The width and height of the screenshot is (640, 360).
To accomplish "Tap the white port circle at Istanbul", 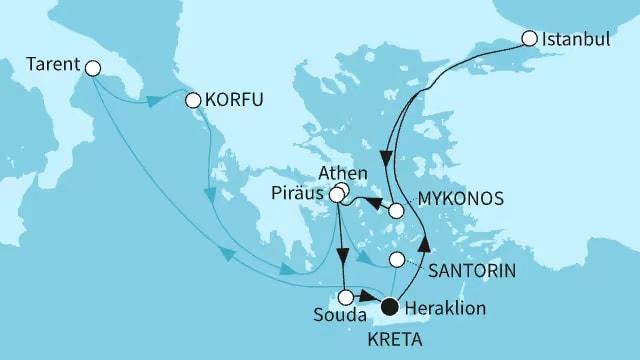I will pyautogui.click(x=530, y=41).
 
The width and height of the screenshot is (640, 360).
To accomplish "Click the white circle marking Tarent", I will pyautogui.click(x=94, y=68).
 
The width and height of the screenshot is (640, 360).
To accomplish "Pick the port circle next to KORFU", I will pyautogui.click(x=194, y=99).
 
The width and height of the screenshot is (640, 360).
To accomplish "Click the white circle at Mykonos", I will pyautogui.click(x=397, y=212).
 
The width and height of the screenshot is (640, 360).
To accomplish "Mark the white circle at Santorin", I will pyautogui.click(x=397, y=260).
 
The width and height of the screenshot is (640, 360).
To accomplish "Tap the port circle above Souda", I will pyautogui.click(x=346, y=296).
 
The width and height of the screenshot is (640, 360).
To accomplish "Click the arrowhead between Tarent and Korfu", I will pyautogui.click(x=154, y=102).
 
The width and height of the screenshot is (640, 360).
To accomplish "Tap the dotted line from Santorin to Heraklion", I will pyautogui.click(x=401, y=282).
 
